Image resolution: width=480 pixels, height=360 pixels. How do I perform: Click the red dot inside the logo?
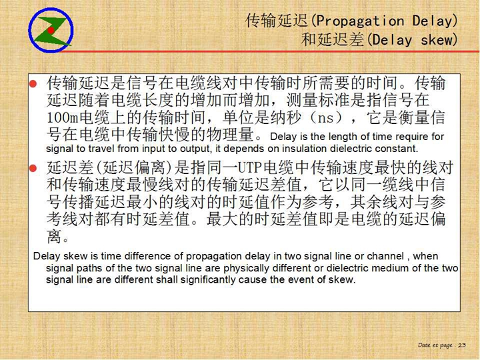(x=51, y=30)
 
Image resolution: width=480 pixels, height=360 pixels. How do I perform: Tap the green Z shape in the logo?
(x=51, y=31)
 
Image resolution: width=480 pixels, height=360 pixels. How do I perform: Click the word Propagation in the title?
(x=360, y=21)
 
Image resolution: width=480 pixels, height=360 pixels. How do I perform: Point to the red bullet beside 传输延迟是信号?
(x=33, y=83)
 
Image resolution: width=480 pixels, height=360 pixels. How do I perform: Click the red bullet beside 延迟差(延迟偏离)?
(x=33, y=168)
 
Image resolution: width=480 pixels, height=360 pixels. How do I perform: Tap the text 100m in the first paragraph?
(x=63, y=118)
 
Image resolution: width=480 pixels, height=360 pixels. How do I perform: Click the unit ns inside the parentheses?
(x=326, y=118)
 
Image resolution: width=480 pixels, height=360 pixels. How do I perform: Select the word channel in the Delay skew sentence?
(x=385, y=256)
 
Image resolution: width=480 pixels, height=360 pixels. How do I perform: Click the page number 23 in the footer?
(x=462, y=345)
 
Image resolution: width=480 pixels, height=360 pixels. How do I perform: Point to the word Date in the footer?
(x=424, y=345)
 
